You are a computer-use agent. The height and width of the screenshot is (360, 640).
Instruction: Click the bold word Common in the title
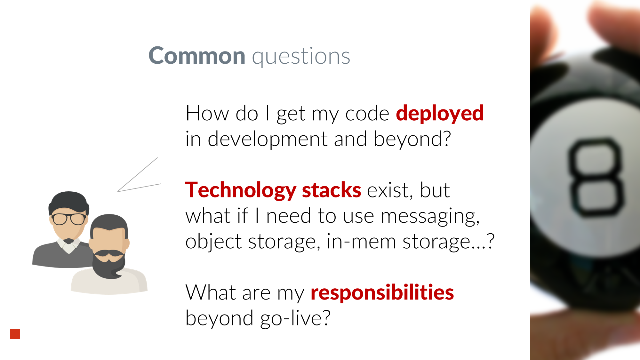197,56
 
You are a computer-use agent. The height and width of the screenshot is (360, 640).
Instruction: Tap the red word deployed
440,114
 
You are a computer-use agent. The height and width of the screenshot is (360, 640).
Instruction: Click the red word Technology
241,191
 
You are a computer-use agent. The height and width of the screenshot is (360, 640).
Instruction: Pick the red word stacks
332,190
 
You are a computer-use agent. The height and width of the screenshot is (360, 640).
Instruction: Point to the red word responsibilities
382,293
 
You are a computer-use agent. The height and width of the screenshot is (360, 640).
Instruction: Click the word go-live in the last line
295,319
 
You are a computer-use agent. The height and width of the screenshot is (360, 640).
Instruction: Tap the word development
268,140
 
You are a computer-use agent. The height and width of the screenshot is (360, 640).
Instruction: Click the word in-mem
361,241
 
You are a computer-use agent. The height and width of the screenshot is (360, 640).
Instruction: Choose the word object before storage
213,242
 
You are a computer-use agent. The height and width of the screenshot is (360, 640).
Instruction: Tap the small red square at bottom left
15,334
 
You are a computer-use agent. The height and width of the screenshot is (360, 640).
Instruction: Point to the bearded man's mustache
109,253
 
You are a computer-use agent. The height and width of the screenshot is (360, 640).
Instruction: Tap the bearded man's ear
126,244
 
